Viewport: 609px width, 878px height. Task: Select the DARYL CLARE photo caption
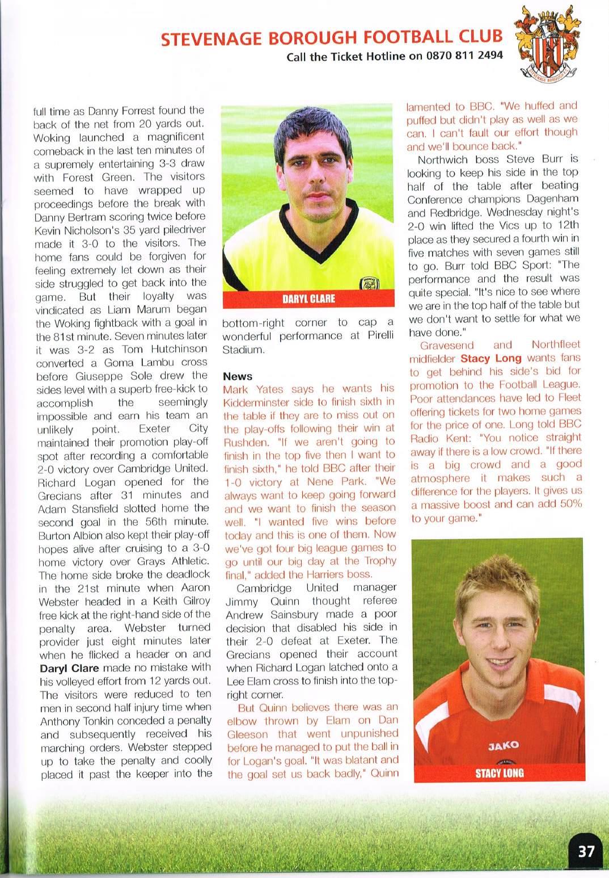(x=308, y=299)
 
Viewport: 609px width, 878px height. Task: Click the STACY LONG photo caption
(x=499, y=772)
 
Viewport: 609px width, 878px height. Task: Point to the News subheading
(x=238, y=376)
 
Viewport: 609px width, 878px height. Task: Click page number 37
(x=586, y=851)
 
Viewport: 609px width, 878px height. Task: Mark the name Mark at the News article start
(x=235, y=389)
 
